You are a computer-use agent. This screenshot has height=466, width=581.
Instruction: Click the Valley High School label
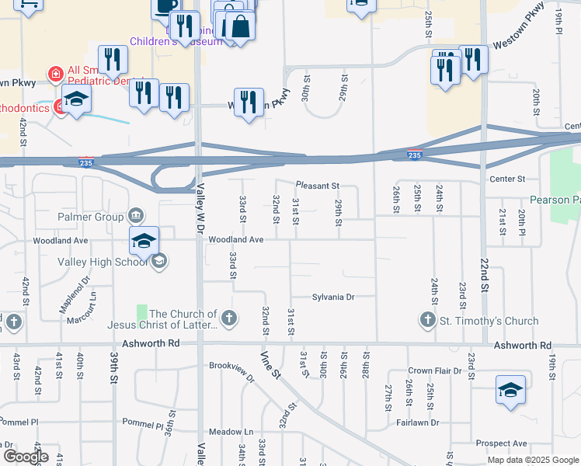103,262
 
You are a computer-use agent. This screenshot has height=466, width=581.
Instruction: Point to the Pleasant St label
317,186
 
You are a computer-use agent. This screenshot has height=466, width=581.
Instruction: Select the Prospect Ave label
502,443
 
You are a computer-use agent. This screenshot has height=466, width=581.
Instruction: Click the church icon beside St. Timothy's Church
427,320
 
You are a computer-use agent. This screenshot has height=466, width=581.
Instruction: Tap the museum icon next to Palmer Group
136,214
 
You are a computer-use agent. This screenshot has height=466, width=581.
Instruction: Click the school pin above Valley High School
144,241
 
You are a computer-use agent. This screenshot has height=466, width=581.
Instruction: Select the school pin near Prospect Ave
510,391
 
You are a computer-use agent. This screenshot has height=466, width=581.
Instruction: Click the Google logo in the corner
25,457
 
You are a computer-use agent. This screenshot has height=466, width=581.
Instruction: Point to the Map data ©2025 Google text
533,460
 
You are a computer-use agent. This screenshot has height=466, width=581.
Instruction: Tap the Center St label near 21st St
508,179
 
